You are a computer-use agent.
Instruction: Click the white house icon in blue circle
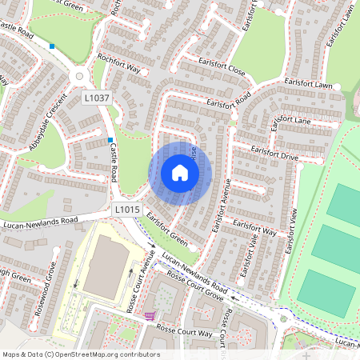click(x=180, y=172)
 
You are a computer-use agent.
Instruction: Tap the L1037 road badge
click(x=97, y=98)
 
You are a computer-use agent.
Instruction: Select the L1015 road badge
click(x=127, y=210)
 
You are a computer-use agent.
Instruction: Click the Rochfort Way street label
click(x=118, y=64)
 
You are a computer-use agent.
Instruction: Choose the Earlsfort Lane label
click(x=293, y=121)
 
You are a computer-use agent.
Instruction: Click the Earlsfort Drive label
click(x=274, y=153)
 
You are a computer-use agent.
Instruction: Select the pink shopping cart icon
click(x=149, y=316)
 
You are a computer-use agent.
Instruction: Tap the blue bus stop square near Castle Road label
click(x=110, y=140)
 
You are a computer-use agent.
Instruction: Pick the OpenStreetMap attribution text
click(x=81, y=354)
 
